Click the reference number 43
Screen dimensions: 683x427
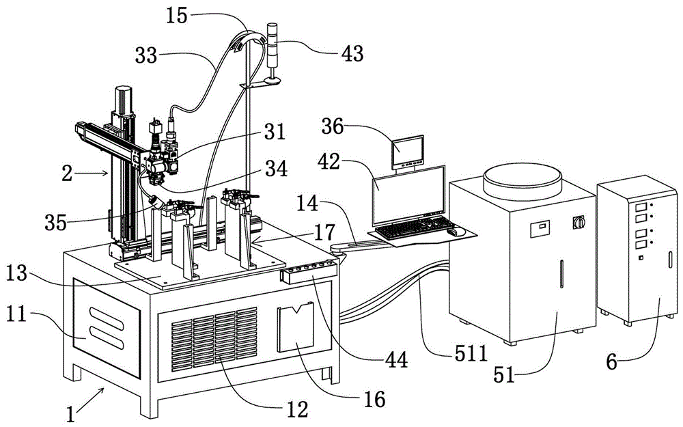pyautogui.click(x=352, y=53)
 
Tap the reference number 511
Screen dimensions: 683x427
pyautogui.click(x=471, y=353)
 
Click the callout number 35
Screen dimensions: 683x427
pyautogui.click(x=55, y=223)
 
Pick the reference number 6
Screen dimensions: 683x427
pyautogui.click(x=612, y=362)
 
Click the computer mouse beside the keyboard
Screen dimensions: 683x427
pyautogui.click(x=456, y=232)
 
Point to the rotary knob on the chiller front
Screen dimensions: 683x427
pyautogui.click(x=579, y=222)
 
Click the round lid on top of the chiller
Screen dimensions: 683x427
pyautogui.click(x=522, y=181)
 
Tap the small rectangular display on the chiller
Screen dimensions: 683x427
pyautogui.click(x=540, y=229)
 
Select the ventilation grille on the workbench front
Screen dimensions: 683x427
pyautogui.click(x=214, y=339)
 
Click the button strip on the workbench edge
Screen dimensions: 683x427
pyautogui.click(x=309, y=271)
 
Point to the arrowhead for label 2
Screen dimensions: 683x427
pyautogui.click(x=106, y=173)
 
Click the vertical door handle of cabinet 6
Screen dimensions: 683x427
pyautogui.click(x=669, y=259)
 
